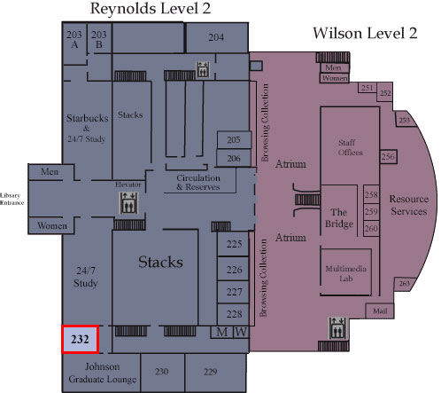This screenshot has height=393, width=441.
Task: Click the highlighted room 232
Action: pos(80,339)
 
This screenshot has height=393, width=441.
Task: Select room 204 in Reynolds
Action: pos(216,37)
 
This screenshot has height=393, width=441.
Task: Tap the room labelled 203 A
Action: pos(75,43)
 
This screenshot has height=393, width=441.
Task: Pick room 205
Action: pos(234,140)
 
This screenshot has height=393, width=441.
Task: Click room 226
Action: pos(233,269)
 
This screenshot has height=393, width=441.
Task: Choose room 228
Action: pos(233,314)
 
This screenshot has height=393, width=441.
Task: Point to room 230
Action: pos(162,372)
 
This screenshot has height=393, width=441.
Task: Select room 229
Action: pos(215,372)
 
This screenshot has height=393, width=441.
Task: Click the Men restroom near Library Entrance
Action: pos(50,172)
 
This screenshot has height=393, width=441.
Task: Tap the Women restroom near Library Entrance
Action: pos(51,226)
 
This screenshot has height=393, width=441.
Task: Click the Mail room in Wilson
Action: pos(380,311)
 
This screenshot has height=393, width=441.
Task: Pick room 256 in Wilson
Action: pos(388,156)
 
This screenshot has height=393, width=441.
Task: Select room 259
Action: pos(371,211)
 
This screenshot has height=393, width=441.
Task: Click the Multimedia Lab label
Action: pos(346,273)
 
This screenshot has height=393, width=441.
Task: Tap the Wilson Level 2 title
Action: pos(365,33)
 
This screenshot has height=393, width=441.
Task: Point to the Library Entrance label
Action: pos(12,199)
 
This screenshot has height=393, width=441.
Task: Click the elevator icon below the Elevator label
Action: pos(128,203)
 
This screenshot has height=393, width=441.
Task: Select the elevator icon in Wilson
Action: pos(337,328)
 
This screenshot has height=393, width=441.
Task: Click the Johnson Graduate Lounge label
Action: pos(102,373)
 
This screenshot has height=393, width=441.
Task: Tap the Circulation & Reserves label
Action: pos(198,183)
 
